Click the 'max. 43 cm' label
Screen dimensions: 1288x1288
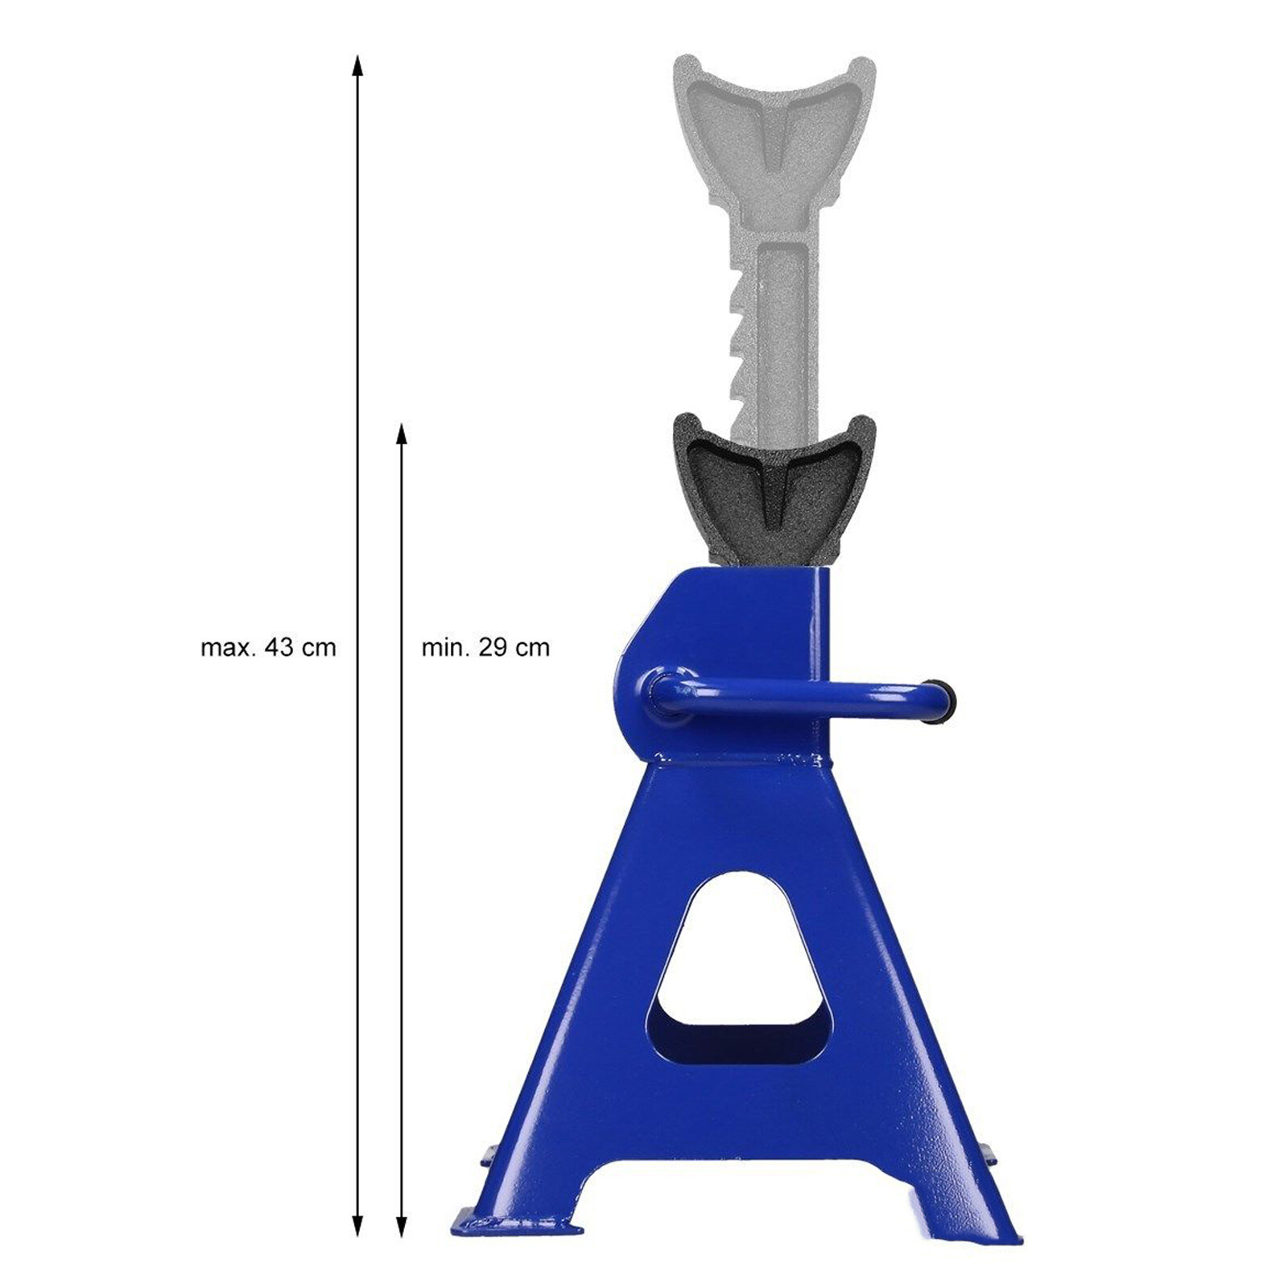point(268,647)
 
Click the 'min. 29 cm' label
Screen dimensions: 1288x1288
point(485,647)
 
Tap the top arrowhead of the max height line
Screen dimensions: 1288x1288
point(358,65)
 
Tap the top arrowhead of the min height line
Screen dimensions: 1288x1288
point(401,435)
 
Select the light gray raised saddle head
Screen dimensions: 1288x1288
point(775,113)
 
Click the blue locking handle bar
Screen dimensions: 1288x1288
point(805,698)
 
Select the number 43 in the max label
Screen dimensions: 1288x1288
point(279,647)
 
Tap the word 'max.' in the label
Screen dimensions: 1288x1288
point(225,647)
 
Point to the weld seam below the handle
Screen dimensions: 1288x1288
point(741,761)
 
